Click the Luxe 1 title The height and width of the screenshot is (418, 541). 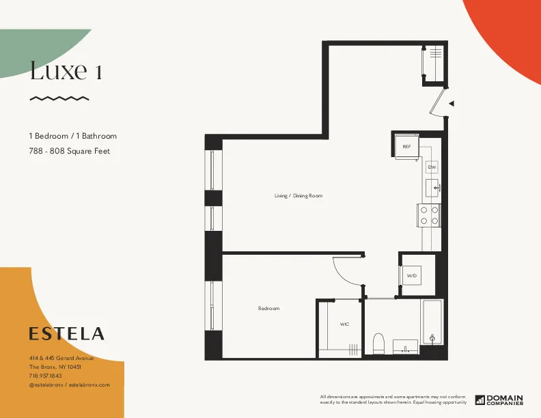66,70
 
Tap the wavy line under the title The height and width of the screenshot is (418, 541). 59,98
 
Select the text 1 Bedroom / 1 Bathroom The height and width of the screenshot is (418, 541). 72,137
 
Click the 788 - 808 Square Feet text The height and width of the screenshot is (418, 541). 69,151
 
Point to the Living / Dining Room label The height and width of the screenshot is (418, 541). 298,196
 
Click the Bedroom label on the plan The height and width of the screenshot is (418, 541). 268,309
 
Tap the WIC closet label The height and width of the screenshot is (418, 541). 344,324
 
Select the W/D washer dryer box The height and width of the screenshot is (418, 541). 413,275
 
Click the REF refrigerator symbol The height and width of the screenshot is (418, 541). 406,146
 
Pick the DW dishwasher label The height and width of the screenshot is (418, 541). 431,167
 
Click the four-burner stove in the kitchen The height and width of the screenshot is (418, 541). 429,215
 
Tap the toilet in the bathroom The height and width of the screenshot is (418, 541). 379,342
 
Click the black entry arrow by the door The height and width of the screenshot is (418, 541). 451,104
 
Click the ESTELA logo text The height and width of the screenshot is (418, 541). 67,334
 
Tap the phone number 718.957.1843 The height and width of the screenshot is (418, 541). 45,376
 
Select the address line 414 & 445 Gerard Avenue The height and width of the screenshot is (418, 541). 61,359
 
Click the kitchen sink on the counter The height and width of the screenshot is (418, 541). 432,186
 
